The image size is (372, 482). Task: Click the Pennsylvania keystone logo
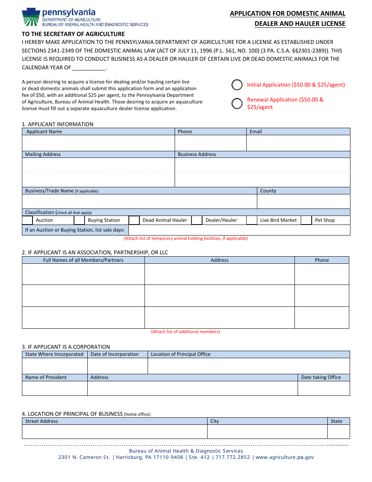click(x=31, y=18)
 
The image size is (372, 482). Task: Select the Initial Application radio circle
click(x=237, y=85)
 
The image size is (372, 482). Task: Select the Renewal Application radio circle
click(x=237, y=103)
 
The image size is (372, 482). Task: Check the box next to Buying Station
click(x=79, y=220)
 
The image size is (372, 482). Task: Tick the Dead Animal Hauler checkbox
click(x=134, y=220)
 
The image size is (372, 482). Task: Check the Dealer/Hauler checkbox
click(x=197, y=220)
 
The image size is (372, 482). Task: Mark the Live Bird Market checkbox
click(x=251, y=220)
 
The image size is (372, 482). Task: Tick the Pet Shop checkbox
click(x=306, y=220)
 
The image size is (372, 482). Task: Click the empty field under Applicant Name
click(x=98, y=143)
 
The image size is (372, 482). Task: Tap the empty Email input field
click(x=298, y=143)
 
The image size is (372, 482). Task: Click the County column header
click(x=268, y=191)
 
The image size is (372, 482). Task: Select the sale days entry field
click(x=239, y=230)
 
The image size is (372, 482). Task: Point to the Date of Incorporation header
click(x=114, y=354)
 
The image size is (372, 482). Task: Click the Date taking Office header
click(x=321, y=377)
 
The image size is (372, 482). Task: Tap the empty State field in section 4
click(x=338, y=431)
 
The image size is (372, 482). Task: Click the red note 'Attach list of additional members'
click(x=186, y=332)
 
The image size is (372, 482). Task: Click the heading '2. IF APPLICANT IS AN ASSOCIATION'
click(x=95, y=252)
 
